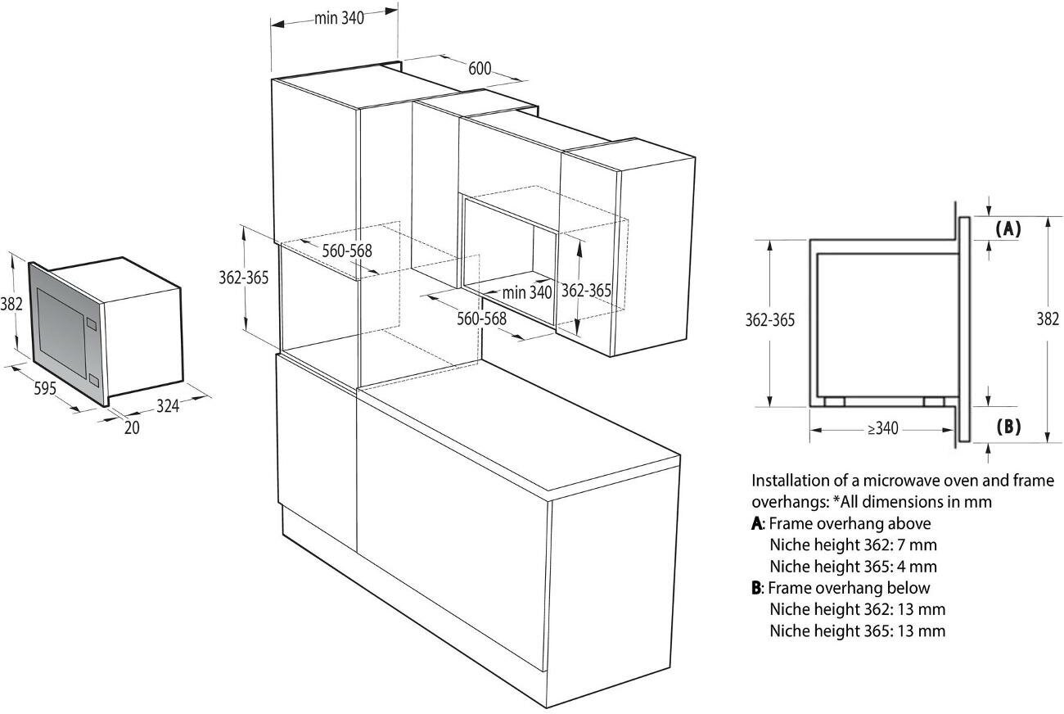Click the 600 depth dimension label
coord(480,68)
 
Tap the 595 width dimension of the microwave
coord(45,387)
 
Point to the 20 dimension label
coord(132,427)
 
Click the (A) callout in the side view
coord(1008,229)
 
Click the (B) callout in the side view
coord(1008,426)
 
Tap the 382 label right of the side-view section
coord(1048,319)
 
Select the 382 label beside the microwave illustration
coord(11,304)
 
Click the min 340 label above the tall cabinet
coord(339,18)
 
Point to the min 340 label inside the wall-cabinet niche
coord(527,291)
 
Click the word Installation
coord(790,481)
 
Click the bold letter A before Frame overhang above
coord(756,523)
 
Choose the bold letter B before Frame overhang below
coord(756,588)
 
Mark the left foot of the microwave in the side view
coord(835,402)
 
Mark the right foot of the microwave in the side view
coord(932,402)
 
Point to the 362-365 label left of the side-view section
coord(769,319)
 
